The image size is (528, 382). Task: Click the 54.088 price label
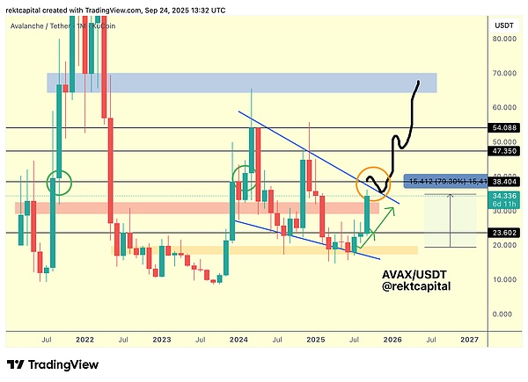point(502,127)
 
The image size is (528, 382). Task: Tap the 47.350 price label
point(502,151)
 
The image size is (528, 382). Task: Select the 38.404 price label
point(502,182)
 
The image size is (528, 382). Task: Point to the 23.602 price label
point(502,233)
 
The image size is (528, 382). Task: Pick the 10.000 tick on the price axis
point(502,278)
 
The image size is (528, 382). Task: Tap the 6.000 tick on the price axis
point(502,314)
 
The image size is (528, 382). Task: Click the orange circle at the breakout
point(372,182)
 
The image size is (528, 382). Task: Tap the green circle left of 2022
point(60,183)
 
